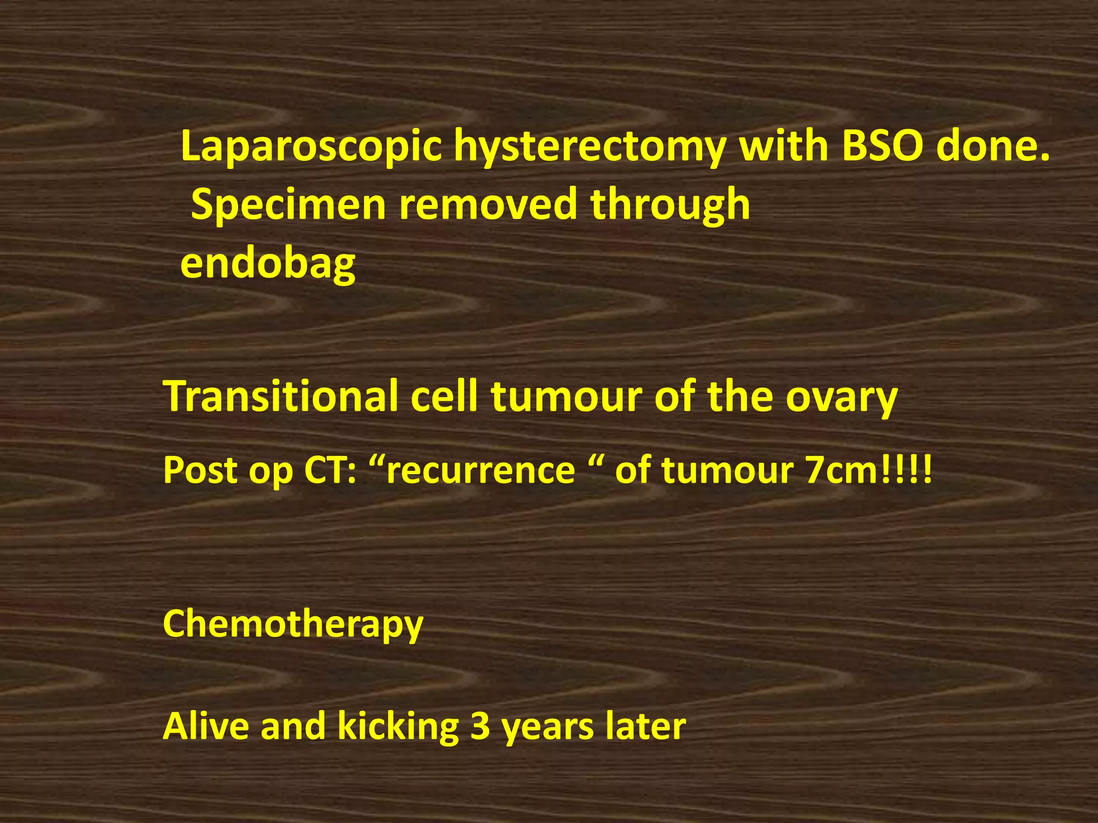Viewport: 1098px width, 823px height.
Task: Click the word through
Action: pos(670,205)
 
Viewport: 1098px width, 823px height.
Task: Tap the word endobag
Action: pos(268,264)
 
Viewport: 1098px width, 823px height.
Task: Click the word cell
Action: pos(444,396)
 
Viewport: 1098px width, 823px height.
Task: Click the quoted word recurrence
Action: pos(480,470)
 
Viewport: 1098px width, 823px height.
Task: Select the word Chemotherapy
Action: pos(293,624)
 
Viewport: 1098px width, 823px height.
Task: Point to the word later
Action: pos(646,726)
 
